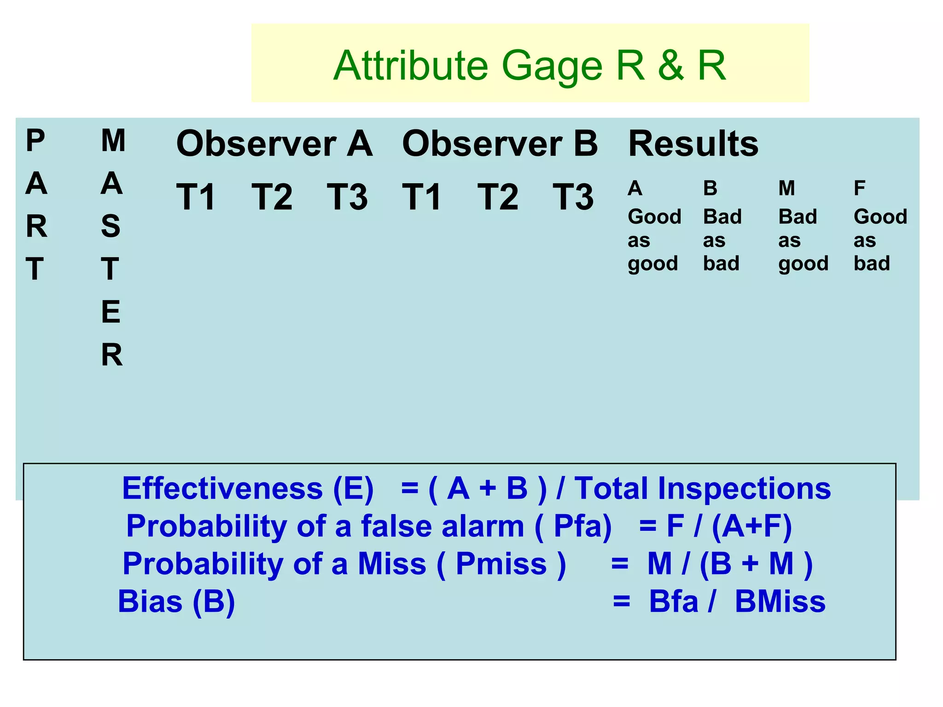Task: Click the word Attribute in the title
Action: point(410,66)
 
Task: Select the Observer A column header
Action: point(274,144)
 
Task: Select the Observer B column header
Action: point(500,144)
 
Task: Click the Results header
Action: point(693,144)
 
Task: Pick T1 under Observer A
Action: point(196,197)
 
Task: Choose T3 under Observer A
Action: point(347,197)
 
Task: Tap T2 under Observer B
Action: point(498,197)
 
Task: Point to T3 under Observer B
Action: point(573,197)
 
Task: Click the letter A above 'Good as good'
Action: point(635,188)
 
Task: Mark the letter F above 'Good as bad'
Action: point(859,188)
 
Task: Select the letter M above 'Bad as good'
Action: point(786,188)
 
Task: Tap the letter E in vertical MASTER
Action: point(111,312)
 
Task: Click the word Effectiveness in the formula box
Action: point(222,488)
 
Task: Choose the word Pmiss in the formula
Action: point(501,564)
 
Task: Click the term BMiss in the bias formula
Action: point(780,602)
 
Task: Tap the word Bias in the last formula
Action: point(150,602)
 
